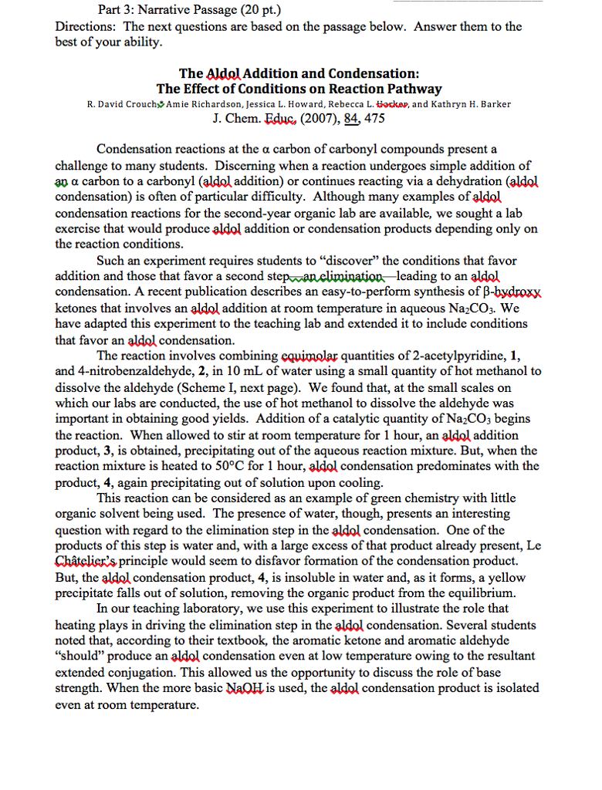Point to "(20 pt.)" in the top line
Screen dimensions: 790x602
(256, 10)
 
